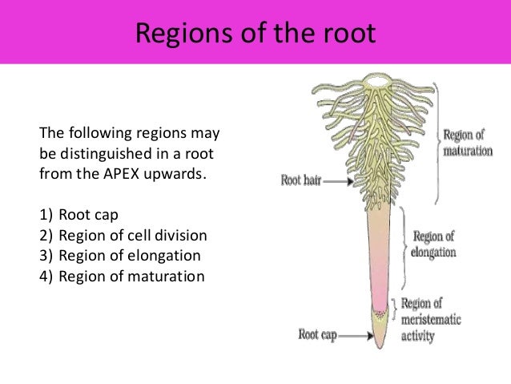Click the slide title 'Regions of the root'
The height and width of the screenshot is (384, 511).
pos(255,33)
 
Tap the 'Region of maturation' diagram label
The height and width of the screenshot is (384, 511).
pos(467,143)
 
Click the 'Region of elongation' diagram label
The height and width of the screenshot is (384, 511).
pos(433,244)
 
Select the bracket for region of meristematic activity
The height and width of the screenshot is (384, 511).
pos(392,309)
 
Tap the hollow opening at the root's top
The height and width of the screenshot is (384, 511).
pos(375,81)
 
